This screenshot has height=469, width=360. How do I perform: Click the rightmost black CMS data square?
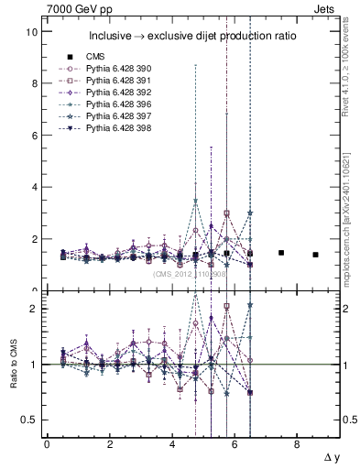[x=315, y=255]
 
